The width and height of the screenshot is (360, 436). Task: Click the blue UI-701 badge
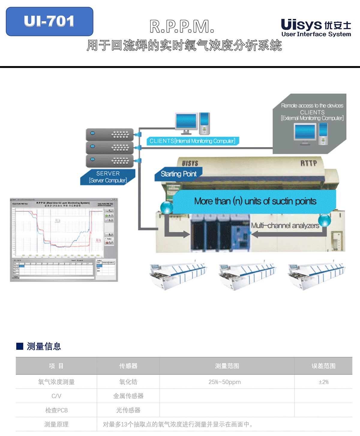click(49, 22)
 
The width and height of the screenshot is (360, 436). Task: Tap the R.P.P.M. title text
click(182, 27)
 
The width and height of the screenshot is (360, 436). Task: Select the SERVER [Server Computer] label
click(108, 177)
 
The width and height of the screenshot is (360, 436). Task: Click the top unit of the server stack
click(110, 135)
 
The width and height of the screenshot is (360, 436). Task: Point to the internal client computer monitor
click(187, 122)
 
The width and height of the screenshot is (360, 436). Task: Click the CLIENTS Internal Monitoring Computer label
click(192, 141)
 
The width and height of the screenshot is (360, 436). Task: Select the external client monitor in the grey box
click(305, 133)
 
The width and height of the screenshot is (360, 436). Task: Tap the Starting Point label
click(178, 174)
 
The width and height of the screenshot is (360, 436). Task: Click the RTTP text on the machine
click(309, 163)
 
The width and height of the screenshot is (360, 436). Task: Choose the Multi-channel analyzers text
click(285, 226)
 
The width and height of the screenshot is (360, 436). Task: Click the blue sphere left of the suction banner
click(166, 207)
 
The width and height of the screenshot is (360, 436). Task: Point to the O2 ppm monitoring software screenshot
click(64, 240)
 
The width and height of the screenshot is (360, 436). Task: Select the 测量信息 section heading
click(44, 346)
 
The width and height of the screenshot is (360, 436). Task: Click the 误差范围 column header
click(323, 366)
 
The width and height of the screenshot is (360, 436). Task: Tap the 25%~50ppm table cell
click(224, 382)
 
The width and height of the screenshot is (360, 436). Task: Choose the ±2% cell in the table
click(323, 382)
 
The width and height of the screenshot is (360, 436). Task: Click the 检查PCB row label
click(56, 410)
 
